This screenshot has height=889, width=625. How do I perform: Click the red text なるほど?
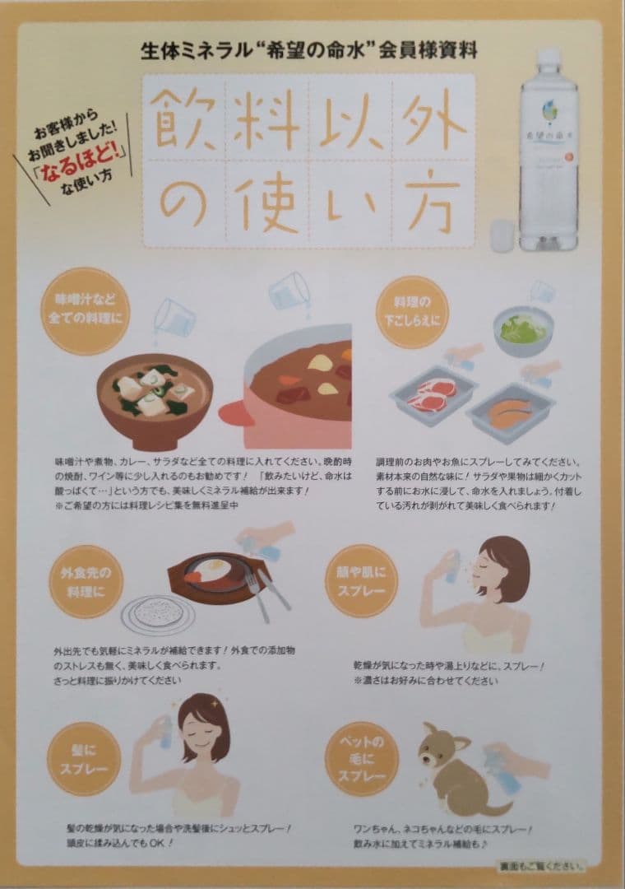[85, 153]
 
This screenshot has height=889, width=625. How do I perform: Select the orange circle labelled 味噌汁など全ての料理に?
[82, 311]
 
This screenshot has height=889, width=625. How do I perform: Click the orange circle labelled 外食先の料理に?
[82, 580]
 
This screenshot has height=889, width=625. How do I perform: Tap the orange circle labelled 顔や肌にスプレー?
[361, 580]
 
